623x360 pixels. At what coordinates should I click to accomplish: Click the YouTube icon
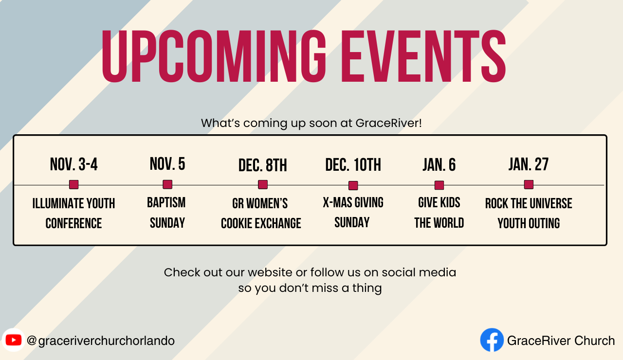[13, 340]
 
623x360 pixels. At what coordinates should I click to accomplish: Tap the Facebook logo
[492, 340]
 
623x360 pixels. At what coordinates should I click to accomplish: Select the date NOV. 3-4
[73, 164]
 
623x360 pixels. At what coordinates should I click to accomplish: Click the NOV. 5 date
[167, 164]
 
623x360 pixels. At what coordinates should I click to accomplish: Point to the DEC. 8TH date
[262, 165]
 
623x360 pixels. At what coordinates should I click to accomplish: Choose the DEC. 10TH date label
[353, 165]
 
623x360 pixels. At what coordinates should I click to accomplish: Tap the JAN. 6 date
[439, 165]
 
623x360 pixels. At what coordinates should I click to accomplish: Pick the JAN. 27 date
[529, 164]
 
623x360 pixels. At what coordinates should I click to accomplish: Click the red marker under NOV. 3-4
[73, 184]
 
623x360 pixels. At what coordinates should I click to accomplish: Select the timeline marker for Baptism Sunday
[167, 184]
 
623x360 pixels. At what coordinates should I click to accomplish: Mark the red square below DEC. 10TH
[353, 185]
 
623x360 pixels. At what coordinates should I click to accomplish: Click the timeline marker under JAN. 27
[529, 184]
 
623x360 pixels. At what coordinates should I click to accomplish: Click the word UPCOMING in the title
[214, 56]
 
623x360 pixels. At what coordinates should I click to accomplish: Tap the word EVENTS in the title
[423, 56]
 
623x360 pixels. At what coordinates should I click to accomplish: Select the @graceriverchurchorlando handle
[101, 341]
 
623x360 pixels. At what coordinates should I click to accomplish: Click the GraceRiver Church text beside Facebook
[561, 341]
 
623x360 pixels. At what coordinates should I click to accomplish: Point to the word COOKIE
[237, 223]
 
